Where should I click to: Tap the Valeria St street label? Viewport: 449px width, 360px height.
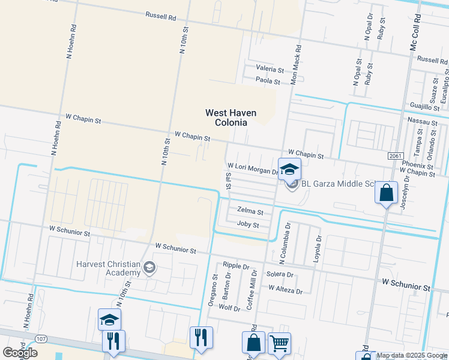point(270,69)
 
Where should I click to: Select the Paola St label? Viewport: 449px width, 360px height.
point(268,80)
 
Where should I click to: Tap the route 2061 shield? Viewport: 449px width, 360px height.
point(395,156)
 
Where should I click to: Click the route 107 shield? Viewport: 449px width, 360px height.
point(41,339)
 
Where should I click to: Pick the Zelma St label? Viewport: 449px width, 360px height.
point(250,211)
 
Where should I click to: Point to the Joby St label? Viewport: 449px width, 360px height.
point(248,225)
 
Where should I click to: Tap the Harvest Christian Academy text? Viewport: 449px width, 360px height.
point(108,268)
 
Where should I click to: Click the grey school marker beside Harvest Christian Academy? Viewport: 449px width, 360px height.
point(149,268)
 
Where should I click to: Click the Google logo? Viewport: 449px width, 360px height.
point(20,353)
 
